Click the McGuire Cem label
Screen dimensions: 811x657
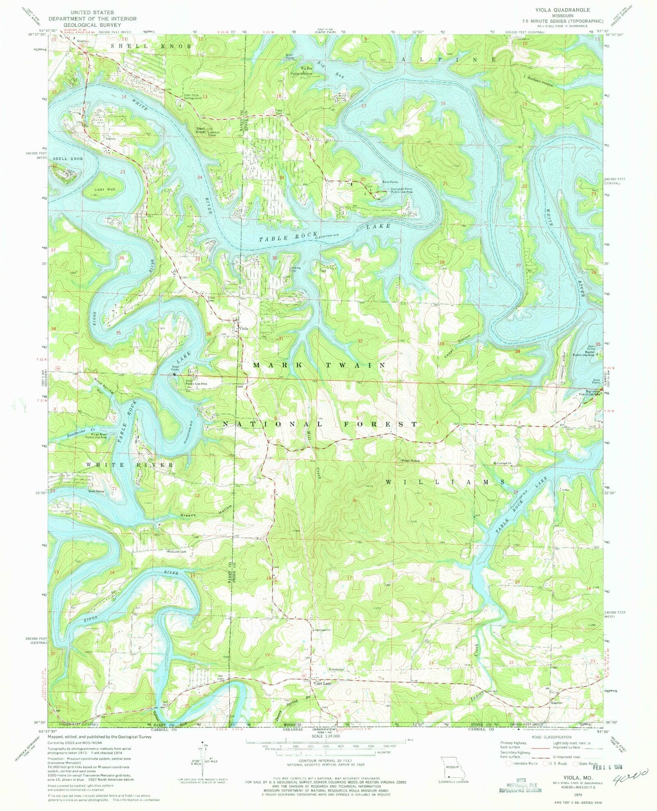(x=177, y=552)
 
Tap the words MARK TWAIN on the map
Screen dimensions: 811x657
(x=319, y=365)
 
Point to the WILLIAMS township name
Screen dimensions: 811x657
(x=445, y=482)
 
